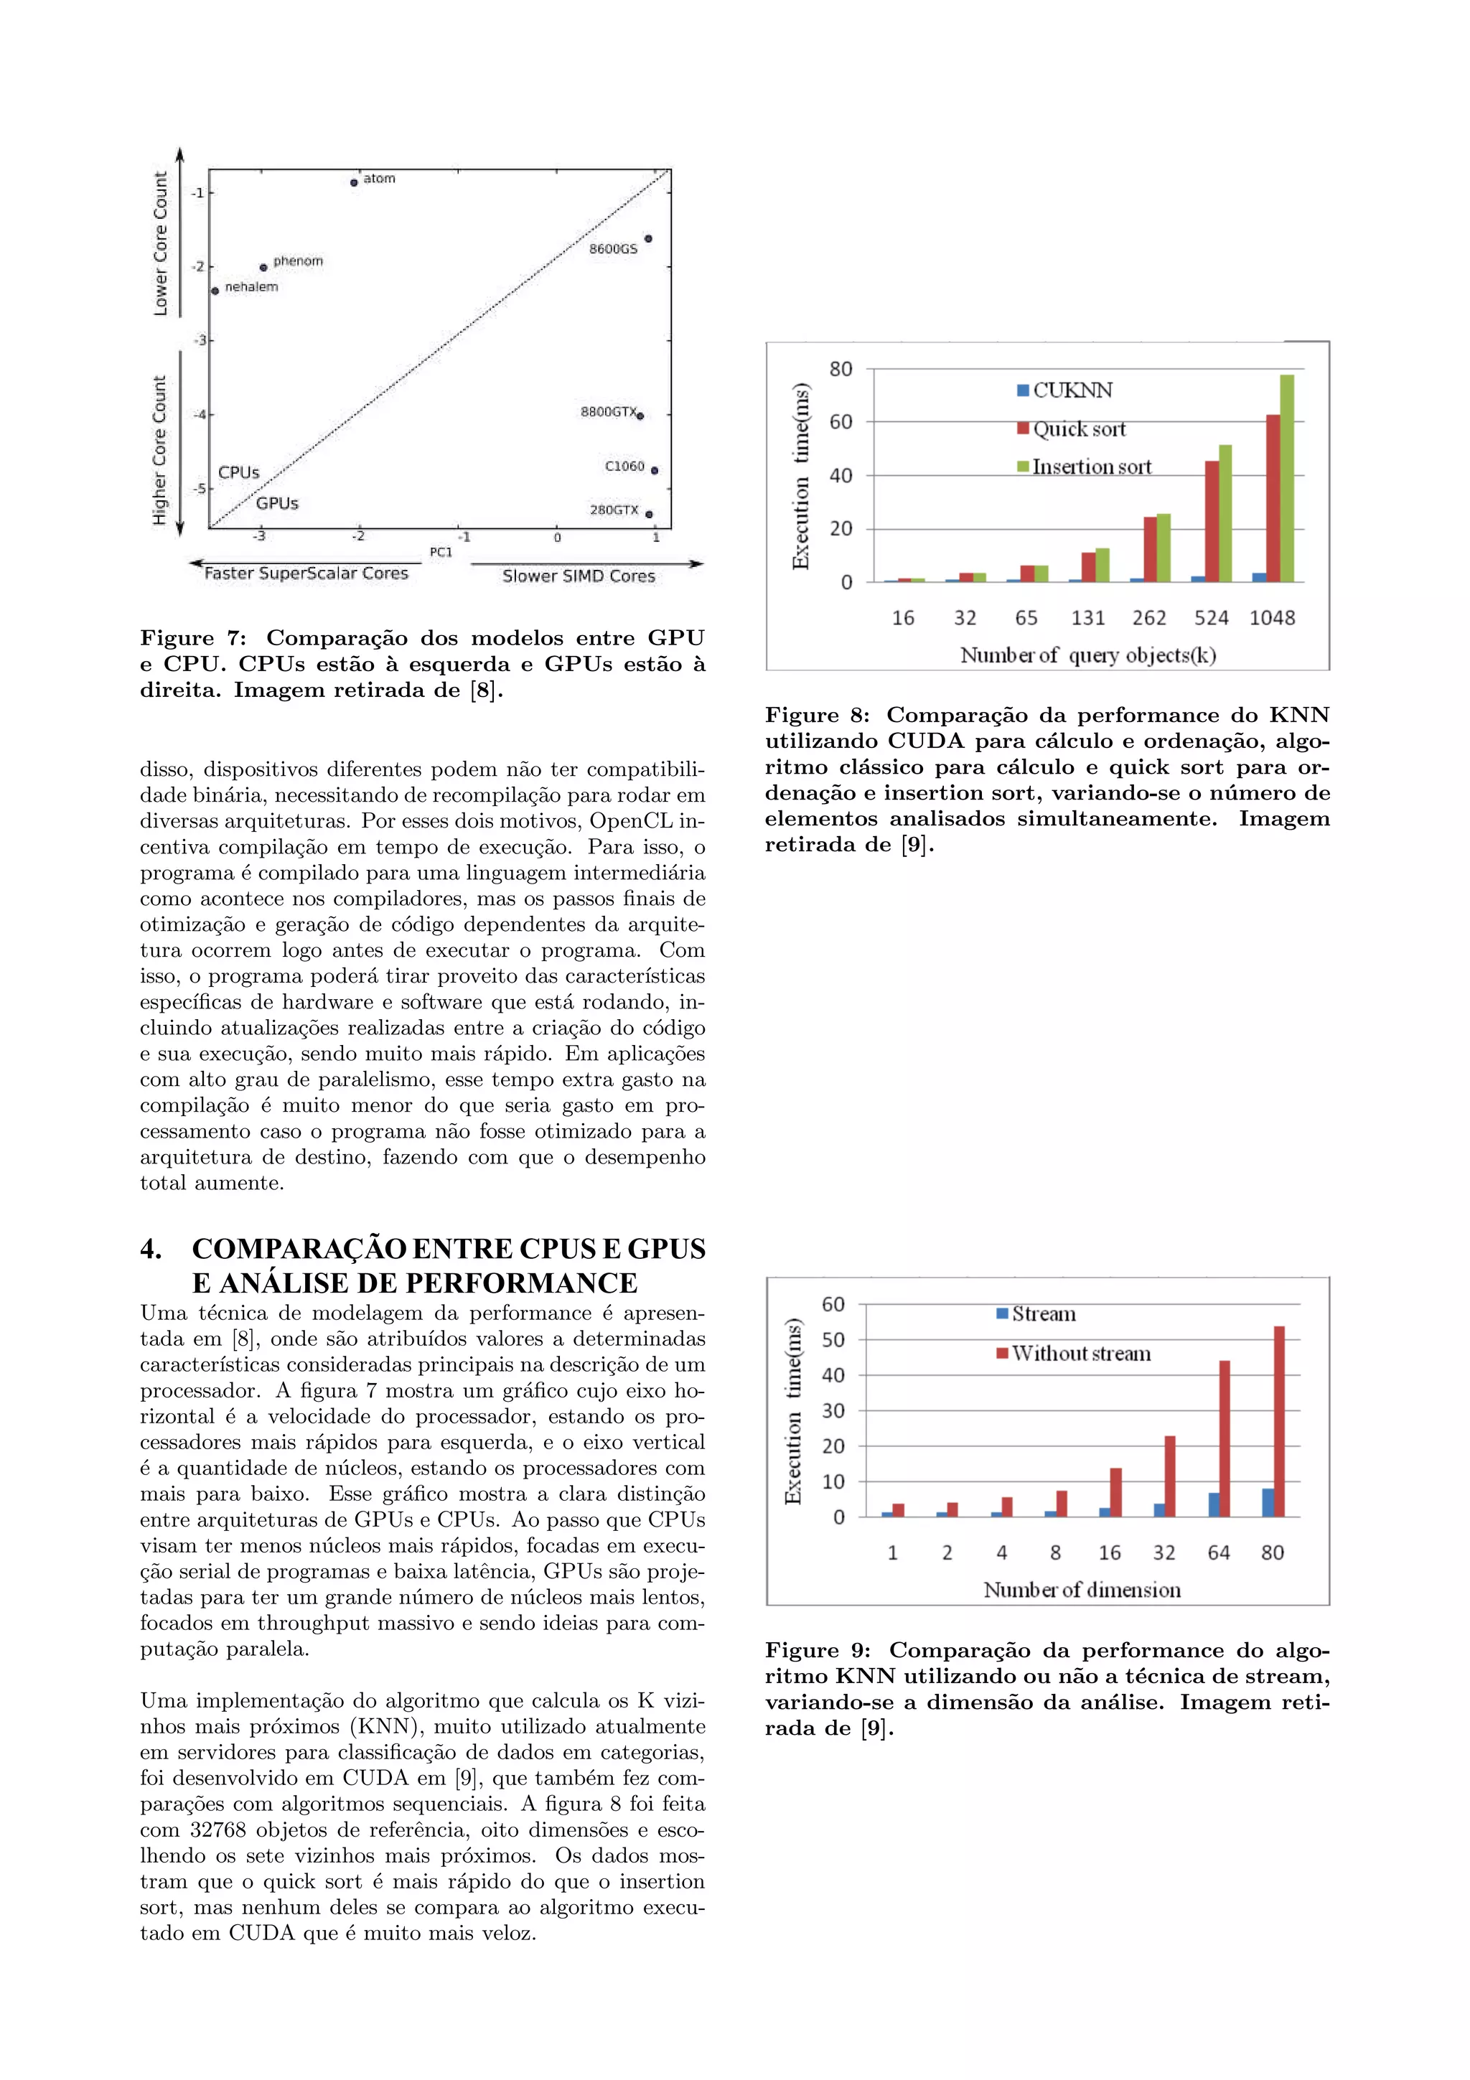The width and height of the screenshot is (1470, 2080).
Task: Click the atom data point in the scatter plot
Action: tap(353, 183)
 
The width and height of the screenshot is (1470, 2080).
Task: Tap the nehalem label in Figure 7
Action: tap(251, 287)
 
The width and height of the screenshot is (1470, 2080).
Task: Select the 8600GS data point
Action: tap(648, 238)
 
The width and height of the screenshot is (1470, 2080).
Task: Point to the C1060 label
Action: tap(624, 467)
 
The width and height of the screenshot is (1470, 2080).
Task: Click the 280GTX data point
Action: tap(650, 515)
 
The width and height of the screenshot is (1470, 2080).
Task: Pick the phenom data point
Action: tap(263, 267)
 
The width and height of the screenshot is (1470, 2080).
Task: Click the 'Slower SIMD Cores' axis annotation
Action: tap(578, 576)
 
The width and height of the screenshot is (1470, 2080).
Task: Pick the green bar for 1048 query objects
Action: tap(1286, 478)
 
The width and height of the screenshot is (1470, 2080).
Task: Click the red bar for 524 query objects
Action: tap(1211, 521)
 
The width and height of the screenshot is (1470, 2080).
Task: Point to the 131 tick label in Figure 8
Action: tap(1087, 618)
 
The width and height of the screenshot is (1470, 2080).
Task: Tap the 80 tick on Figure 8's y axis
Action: tap(841, 369)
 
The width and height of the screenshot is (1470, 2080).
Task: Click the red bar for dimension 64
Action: tap(1225, 1438)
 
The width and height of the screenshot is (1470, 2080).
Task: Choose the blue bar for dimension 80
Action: tap(1267, 1503)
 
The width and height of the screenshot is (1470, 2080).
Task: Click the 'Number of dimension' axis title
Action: tap(1082, 1590)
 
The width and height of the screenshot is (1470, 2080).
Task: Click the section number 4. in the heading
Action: tap(151, 1250)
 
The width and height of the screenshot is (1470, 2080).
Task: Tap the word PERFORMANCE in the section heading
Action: tap(521, 1284)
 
